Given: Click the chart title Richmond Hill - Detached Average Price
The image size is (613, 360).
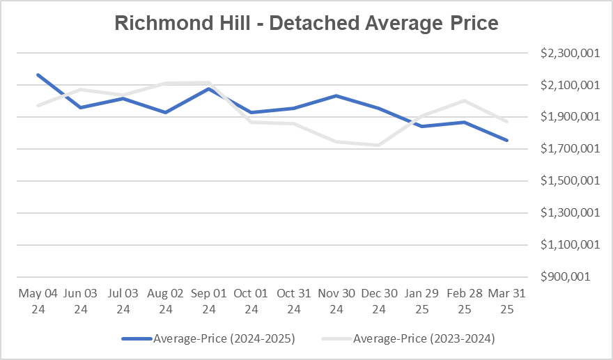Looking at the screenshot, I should (306, 24).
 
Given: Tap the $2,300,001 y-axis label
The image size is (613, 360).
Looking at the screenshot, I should (568, 53).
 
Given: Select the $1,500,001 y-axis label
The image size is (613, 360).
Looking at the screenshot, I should (568, 181).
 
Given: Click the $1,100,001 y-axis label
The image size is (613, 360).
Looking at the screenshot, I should (568, 244).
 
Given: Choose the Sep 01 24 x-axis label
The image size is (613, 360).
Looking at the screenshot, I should (208, 302).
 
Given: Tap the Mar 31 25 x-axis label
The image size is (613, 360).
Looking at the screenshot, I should (507, 302).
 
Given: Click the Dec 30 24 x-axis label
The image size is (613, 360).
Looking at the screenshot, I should (379, 302).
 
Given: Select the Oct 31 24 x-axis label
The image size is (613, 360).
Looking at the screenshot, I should (293, 302).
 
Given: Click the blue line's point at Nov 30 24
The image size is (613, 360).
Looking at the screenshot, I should (336, 95).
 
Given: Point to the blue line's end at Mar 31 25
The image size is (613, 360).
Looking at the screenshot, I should (507, 141).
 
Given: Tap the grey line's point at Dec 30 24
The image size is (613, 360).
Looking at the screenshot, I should (379, 145).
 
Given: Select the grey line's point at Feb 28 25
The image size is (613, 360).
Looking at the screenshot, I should (465, 100).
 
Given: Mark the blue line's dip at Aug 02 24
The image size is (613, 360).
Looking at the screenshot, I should (165, 112).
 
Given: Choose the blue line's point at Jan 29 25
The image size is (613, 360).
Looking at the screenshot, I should (421, 126).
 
